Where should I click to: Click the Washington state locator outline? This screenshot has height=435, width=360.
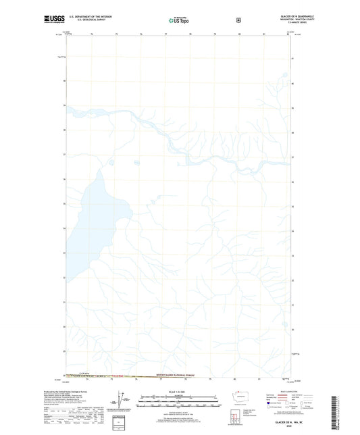(241, 395)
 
